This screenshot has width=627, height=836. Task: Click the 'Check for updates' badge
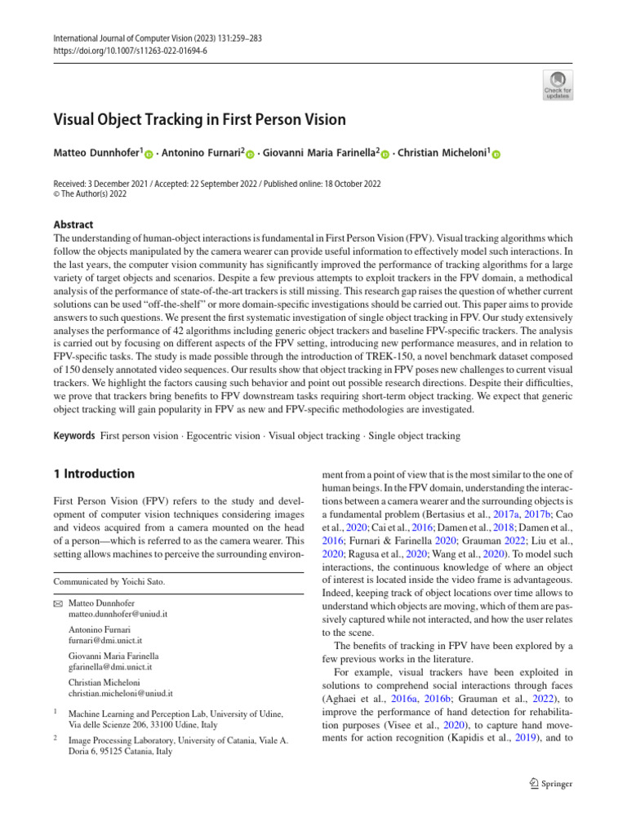[557, 85]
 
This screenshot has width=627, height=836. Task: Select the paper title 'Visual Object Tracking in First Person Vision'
[200, 120]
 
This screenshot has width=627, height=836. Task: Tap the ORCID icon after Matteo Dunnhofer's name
[149, 153]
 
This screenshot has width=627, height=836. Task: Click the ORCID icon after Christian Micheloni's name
[496, 153]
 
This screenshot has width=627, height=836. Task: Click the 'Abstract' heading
[73, 225]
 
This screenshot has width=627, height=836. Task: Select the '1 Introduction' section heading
[94, 474]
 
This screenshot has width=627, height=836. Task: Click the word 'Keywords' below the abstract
[74, 436]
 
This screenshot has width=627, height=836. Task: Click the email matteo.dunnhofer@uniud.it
[118, 613]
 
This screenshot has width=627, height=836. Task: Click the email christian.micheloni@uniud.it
[121, 693]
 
